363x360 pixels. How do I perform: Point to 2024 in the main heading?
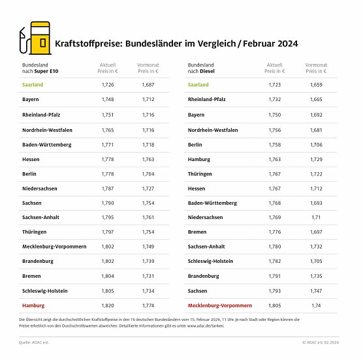(289, 44)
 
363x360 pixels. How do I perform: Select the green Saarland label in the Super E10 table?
(33, 85)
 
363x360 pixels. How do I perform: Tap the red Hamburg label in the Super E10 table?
(33, 305)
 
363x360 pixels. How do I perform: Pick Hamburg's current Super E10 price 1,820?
(108, 305)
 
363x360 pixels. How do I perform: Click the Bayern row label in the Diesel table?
(196, 114)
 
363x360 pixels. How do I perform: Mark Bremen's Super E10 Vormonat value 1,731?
(148, 276)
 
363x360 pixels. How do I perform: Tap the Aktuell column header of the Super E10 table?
(108, 68)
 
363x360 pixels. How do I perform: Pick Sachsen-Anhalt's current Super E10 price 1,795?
(108, 217)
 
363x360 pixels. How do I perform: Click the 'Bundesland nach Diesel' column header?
(202, 68)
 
